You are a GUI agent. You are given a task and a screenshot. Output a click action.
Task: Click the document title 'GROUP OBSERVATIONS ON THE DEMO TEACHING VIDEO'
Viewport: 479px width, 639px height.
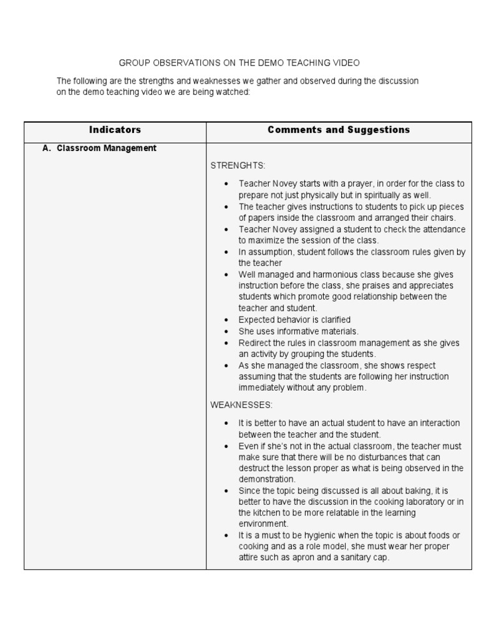click(239, 63)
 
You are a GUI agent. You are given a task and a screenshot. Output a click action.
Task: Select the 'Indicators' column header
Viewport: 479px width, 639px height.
click(115, 130)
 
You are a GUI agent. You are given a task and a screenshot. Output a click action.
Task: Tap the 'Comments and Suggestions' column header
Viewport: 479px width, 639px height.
click(339, 130)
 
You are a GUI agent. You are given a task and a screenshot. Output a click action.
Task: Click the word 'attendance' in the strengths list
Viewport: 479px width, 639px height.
click(443, 229)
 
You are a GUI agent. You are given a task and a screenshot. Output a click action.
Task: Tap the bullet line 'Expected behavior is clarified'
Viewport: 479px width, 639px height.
click(294, 320)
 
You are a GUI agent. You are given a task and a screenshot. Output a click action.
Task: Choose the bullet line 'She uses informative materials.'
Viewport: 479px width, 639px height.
click(298, 331)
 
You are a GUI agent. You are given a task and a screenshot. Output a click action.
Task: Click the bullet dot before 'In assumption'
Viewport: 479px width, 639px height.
click(226, 252)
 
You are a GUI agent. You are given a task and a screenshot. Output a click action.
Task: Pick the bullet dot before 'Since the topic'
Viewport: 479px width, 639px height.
click(226, 491)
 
